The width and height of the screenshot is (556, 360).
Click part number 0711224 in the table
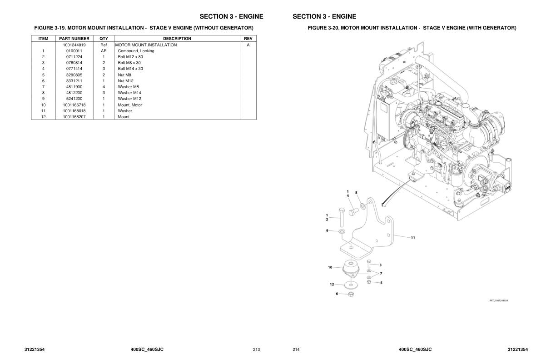click(x=74, y=57)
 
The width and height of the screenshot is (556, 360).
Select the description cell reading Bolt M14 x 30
click(x=130, y=69)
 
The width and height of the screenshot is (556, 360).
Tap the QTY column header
click(x=104, y=39)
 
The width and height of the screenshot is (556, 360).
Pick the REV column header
click(x=248, y=39)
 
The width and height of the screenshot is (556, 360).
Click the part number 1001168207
click(x=74, y=117)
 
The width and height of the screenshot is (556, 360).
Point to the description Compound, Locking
click(x=136, y=51)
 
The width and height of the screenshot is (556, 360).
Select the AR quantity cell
click(x=104, y=51)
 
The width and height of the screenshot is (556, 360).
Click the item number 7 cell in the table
click(x=43, y=87)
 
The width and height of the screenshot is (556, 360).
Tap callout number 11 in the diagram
click(x=413, y=237)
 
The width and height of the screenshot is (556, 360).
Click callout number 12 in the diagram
click(x=332, y=285)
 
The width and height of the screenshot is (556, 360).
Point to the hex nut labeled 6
click(x=351, y=295)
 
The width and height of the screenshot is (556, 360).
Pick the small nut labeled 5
click(x=369, y=282)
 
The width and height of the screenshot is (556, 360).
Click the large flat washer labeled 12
click(x=350, y=285)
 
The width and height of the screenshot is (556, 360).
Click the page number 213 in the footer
click(x=256, y=350)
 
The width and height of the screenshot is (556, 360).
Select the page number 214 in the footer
click(x=296, y=350)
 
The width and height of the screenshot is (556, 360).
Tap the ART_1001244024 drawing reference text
click(x=498, y=300)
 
